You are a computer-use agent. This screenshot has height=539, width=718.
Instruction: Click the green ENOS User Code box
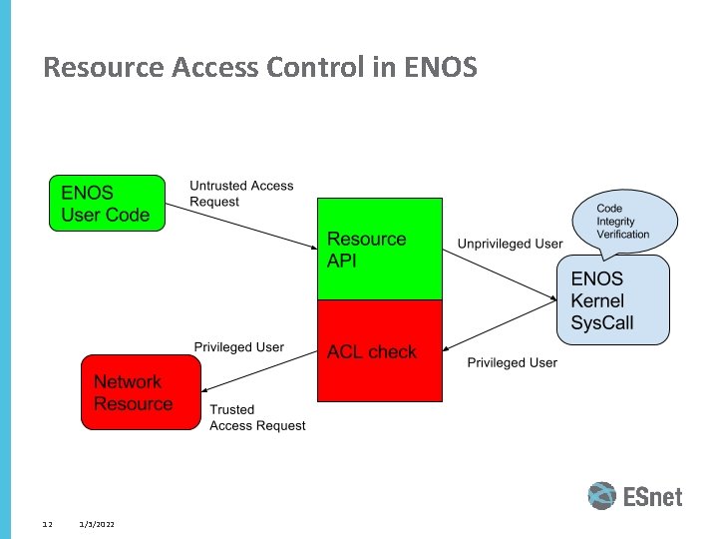click(x=107, y=204)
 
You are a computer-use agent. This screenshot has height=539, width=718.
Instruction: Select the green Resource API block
click(x=379, y=250)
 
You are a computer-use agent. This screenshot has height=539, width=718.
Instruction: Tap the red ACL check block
click(x=379, y=351)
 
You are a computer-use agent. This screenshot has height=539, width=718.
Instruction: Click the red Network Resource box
click(x=140, y=392)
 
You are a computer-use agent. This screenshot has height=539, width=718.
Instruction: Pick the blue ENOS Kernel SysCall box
click(x=611, y=300)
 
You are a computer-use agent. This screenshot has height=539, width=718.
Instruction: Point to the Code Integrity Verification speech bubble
click(x=623, y=222)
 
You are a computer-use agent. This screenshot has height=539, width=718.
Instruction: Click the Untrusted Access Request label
click(x=241, y=194)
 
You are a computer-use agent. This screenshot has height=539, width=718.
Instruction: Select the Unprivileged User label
click(x=510, y=244)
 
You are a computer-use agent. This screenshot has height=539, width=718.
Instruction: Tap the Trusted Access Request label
click(x=257, y=417)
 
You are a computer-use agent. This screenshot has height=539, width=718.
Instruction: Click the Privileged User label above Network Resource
click(x=238, y=347)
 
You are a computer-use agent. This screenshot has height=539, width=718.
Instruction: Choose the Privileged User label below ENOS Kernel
click(x=512, y=362)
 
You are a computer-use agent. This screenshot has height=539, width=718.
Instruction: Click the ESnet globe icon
click(x=602, y=496)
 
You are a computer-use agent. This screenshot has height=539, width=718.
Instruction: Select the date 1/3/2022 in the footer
click(x=97, y=524)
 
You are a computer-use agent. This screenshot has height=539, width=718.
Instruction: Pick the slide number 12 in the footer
click(x=47, y=524)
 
